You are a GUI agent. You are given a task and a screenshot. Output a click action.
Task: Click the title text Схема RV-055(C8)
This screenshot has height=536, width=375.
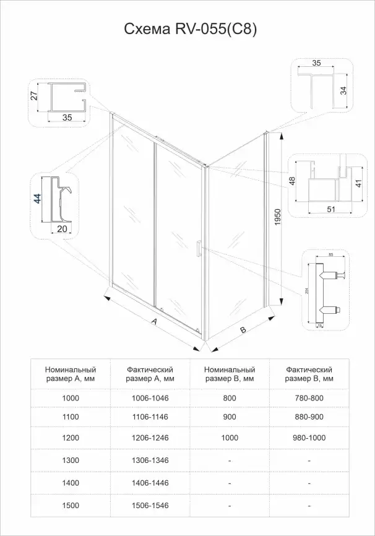click(x=187, y=28)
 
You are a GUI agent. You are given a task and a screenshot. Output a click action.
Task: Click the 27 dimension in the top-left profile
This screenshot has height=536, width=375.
click(x=35, y=95)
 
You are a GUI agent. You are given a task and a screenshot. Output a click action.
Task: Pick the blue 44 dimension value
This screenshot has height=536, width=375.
click(x=37, y=199)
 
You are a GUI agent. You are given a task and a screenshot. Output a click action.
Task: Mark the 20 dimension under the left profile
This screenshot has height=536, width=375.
click(x=61, y=228)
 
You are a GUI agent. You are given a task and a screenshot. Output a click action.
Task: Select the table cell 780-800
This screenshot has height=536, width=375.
click(x=310, y=399)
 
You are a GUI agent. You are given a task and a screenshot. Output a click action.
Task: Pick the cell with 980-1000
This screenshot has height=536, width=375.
click(x=310, y=438)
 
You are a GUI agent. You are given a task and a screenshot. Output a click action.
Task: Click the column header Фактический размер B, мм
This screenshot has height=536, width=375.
click(x=310, y=374)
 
